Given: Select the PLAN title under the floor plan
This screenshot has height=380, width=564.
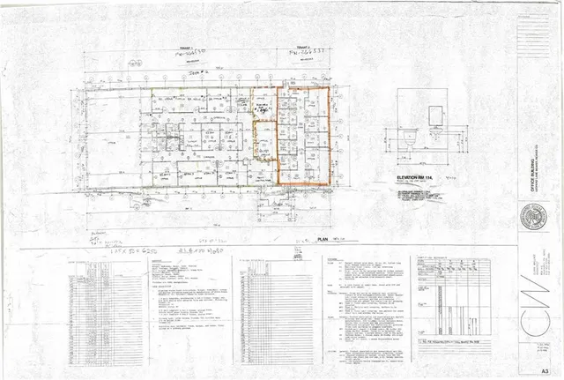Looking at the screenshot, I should click(323, 239).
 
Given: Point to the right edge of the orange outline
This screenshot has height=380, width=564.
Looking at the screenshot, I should click(329, 136).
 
